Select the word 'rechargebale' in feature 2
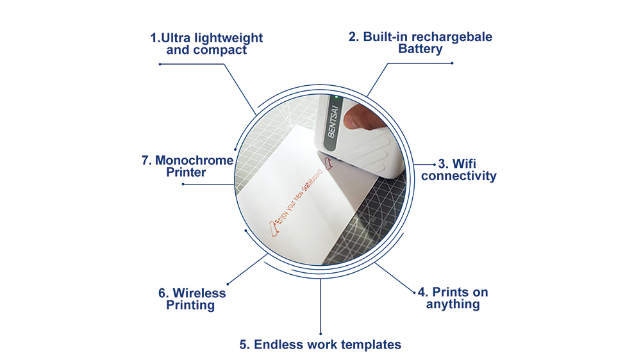[x=452, y=37]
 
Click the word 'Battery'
[x=420, y=49]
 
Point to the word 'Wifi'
[x=464, y=164]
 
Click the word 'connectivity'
[x=459, y=176]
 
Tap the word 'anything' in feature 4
[x=453, y=304]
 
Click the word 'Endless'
[x=279, y=345]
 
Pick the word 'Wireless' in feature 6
[x=199, y=293]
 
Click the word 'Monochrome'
[x=194, y=161]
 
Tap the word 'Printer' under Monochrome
[x=186, y=172]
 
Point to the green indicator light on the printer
[x=337, y=97]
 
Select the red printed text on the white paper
[x=297, y=200]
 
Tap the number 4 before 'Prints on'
[x=422, y=292]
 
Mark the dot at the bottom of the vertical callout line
[x=320, y=334]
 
